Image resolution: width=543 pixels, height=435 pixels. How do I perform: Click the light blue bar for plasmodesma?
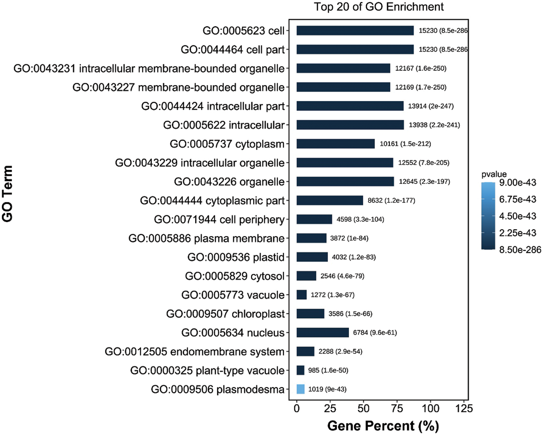pos(300,389)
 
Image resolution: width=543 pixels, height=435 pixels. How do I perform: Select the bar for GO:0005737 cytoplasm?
pos(336,144)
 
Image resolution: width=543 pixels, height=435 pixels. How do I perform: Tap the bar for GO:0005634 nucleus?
pos(323,333)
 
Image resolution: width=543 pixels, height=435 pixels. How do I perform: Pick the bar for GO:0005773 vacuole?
pos(302,295)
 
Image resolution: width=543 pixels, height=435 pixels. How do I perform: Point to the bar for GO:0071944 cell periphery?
pos(314,219)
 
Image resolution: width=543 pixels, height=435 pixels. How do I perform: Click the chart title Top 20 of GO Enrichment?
pos(379,7)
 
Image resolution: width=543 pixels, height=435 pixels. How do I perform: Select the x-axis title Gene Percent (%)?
pos(383,426)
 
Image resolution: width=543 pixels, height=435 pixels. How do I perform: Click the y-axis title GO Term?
pos(8,194)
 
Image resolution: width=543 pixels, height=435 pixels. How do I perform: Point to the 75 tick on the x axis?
pos(397,409)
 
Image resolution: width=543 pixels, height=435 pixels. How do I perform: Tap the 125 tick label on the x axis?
pos(464,409)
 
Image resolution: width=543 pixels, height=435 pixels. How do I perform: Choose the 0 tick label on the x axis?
pos(297,409)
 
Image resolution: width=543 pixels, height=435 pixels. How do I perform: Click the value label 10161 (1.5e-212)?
pos(405,144)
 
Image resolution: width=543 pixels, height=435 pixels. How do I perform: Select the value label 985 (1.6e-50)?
pos(328,370)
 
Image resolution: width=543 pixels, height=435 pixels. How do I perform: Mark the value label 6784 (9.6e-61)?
pos(375,333)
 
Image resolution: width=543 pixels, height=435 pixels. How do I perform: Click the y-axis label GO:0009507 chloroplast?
pos(226,314)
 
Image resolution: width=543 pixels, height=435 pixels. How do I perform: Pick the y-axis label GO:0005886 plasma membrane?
pos(207,238)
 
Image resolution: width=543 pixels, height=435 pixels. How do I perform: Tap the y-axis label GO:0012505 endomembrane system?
pos(195,351)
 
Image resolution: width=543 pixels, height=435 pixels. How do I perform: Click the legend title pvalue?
pos(494,174)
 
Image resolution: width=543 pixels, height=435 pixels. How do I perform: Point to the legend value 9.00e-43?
pos(518,182)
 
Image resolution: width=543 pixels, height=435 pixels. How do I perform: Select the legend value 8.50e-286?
pos(520,250)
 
